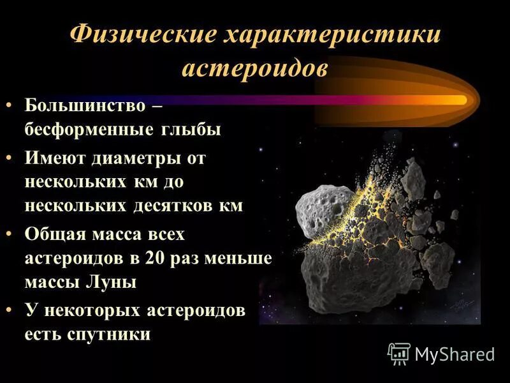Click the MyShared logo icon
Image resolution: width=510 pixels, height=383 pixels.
[399, 352]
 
